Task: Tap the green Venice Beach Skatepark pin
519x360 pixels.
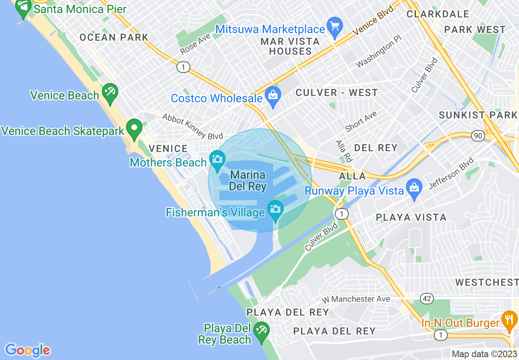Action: [134, 129]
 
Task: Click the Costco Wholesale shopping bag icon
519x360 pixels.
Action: [272, 97]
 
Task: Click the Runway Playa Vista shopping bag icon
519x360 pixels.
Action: [414, 189]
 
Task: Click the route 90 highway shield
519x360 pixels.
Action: [478, 135]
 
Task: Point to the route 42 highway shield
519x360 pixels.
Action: [427, 299]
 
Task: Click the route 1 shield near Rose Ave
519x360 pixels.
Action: [183, 67]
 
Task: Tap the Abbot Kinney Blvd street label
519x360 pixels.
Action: [192, 126]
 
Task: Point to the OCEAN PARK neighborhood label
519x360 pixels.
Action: [114, 38]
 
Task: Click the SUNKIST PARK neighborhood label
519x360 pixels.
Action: [478, 115]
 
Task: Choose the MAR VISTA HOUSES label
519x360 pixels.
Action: [290, 46]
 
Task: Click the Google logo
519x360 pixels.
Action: [27, 350]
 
